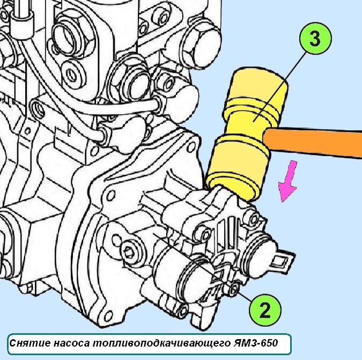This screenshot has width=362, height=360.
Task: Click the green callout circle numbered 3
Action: pyautogui.click(x=315, y=38)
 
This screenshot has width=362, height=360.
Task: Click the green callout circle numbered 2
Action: pyautogui.click(x=265, y=310)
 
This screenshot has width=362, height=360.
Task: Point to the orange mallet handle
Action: pyautogui.click(x=312, y=142)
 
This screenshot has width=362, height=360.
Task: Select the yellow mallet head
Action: pyautogui.click(x=247, y=134)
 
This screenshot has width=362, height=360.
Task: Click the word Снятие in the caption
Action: pyautogui.click(x=30, y=343)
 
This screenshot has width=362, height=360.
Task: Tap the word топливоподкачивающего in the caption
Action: pyautogui.click(x=161, y=343)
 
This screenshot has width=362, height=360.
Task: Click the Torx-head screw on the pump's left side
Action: pyautogui.click(x=129, y=250)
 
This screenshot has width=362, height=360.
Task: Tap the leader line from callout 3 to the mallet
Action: pyautogui.click(x=280, y=87)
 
